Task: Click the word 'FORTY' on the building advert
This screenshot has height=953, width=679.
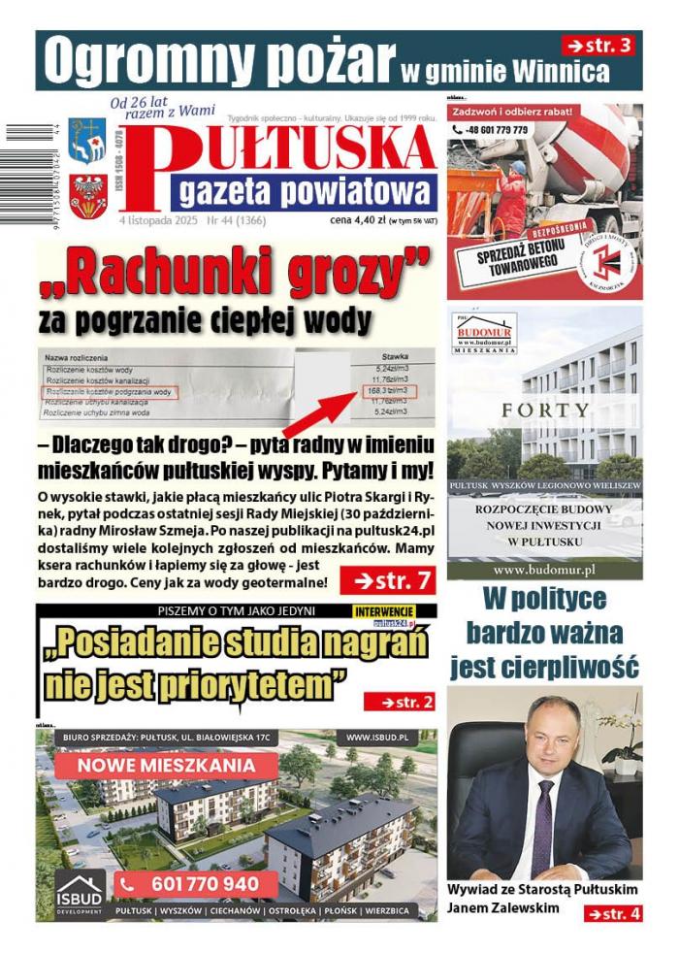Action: coord(544,411)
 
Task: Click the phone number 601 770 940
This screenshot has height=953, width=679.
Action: coord(204,884)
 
